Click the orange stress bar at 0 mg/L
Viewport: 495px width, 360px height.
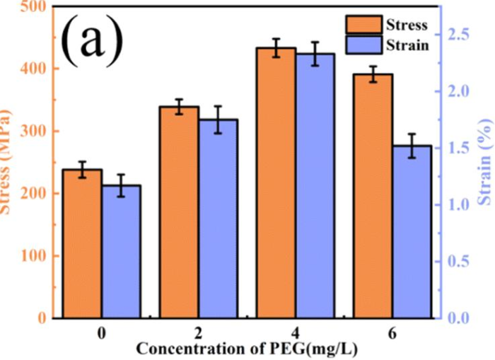click(82, 244)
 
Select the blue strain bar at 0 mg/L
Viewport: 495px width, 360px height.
click(121, 252)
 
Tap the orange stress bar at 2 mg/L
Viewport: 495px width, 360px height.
click(179, 212)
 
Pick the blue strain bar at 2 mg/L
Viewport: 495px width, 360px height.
click(218, 219)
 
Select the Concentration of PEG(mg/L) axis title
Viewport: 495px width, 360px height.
click(248, 349)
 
